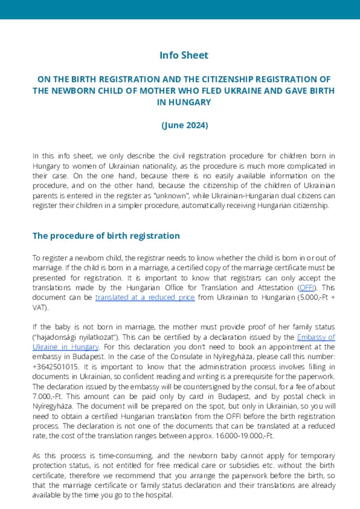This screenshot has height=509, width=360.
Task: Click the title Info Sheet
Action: pos(184,55)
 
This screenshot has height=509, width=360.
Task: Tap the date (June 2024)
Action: pos(185,125)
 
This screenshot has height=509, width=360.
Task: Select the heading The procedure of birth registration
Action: pos(106,236)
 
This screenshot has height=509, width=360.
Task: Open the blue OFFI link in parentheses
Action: pos(307,288)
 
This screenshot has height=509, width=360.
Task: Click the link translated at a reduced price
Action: pos(145,298)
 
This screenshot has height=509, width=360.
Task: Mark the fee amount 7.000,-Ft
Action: pos(48,396)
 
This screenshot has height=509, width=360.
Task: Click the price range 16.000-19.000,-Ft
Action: pos(245,436)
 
